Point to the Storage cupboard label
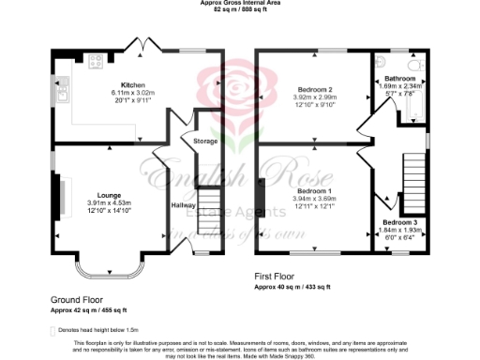[205, 141]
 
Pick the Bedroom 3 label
[399, 222]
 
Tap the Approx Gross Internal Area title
[240, 4]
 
